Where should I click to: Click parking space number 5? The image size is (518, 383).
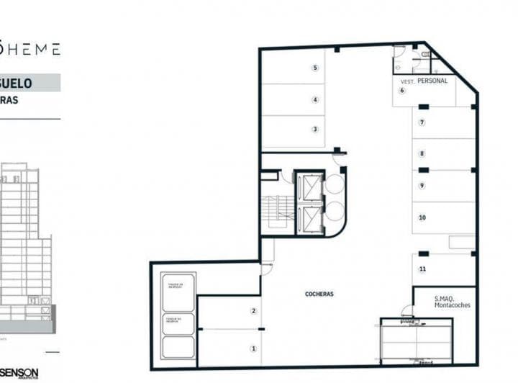[x=315, y=68]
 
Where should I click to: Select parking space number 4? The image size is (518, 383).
[x=315, y=100]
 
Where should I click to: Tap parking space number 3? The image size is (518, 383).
[x=315, y=130]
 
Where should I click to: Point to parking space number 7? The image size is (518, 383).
[x=422, y=122]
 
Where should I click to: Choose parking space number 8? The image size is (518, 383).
[x=422, y=153]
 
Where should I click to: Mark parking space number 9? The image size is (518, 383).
[x=422, y=186]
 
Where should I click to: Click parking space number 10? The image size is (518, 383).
[x=422, y=217]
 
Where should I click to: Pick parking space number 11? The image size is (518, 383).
[x=422, y=269]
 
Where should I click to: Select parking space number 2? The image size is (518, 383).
[x=253, y=311]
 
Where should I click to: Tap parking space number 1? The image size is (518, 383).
[x=253, y=348]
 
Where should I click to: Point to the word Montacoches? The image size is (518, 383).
[x=452, y=305]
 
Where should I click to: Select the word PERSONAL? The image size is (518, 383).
[x=432, y=81]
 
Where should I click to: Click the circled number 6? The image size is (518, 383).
[x=402, y=91]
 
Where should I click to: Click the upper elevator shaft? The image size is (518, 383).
[x=310, y=187]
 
